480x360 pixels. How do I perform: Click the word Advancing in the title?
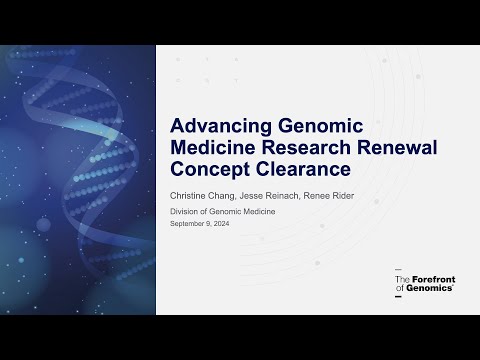tap(218, 126)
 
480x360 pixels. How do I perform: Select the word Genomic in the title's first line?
tap(319, 126)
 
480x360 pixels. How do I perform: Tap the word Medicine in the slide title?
tap(216, 148)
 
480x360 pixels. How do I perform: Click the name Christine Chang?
tap(204, 194)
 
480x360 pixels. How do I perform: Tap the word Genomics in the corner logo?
tap(433, 288)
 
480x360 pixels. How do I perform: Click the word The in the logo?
tap(401, 279)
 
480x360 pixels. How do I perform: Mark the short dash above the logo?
tap(398, 270)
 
